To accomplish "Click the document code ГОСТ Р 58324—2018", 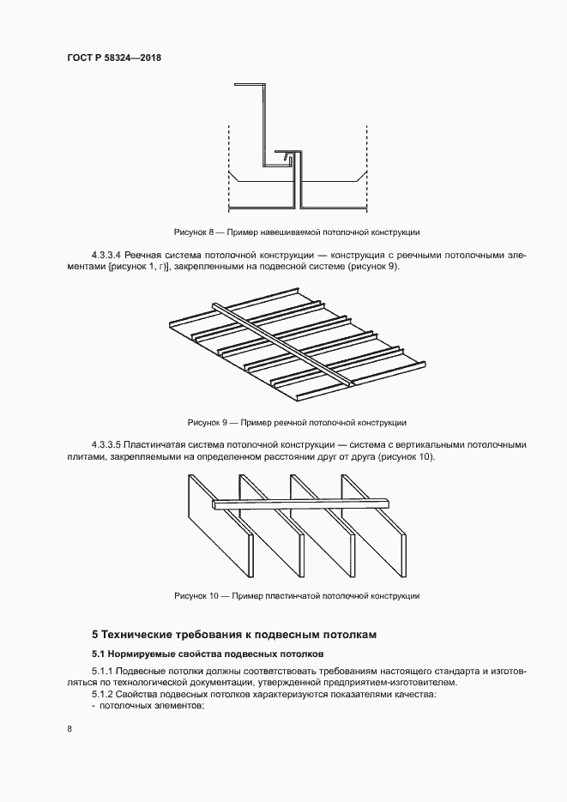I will point(115,57).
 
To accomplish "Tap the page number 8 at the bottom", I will point(69,728).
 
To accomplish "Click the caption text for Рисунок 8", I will point(297,232).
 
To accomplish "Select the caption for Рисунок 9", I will point(297,423).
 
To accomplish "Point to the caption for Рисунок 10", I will point(297,595).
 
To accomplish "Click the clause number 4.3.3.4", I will point(106,256).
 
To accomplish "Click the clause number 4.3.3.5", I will point(106,445).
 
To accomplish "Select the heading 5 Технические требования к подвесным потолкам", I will point(234,636).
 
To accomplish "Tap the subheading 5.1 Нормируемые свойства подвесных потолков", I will point(208,654).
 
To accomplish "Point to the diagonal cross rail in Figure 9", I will point(283,343).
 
